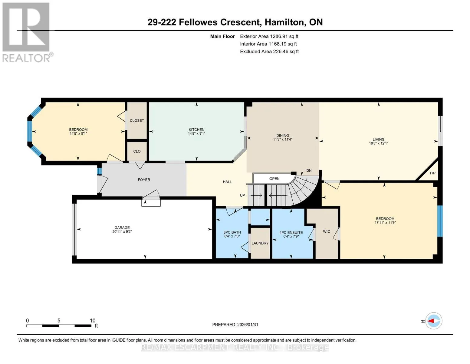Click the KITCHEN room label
click(x=196, y=130)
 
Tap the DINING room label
click(x=282, y=136)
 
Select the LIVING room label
click(x=379, y=140)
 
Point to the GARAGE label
click(x=122, y=227)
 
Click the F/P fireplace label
click(x=432, y=173)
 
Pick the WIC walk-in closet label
click(x=327, y=231)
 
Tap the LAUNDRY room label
click(x=260, y=243)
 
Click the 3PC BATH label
click(x=232, y=232)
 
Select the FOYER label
click(x=144, y=180)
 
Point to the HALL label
click(x=227, y=182)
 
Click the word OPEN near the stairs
click(x=274, y=179)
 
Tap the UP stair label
click(x=242, y=195)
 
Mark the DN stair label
click(x=309, y=170)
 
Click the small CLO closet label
click(x=137, y=151)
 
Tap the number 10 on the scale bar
click(x=93, y=321)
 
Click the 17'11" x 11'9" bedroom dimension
click(x=385, y=222)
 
